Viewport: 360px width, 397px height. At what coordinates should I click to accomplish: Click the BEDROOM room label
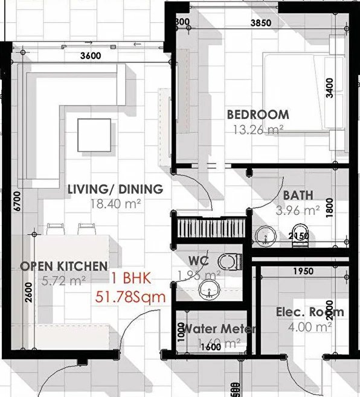(x=258, y=114)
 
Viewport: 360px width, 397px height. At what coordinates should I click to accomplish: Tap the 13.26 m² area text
(x=257, y=129)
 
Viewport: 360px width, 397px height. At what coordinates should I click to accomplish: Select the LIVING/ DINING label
(x=115, y=189)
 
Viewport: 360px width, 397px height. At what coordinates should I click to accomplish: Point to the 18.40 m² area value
(x=115, y=205)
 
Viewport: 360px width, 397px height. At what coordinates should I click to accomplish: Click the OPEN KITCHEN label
(x=64, y=266)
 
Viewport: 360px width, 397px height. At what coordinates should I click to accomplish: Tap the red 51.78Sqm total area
(x=130, y=296)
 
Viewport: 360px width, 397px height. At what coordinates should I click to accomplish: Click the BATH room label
(x=298, y=195)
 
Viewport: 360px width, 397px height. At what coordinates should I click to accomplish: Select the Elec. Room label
(x=310, y=312)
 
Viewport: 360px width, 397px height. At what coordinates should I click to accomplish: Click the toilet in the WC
(x=228, y=261)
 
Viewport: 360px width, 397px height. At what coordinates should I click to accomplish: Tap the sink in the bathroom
(x=264, y=237)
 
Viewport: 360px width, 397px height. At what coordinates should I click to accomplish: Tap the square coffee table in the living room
(x=94, y=136)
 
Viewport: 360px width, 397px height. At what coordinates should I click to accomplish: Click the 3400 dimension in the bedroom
(x=346, y=87)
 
